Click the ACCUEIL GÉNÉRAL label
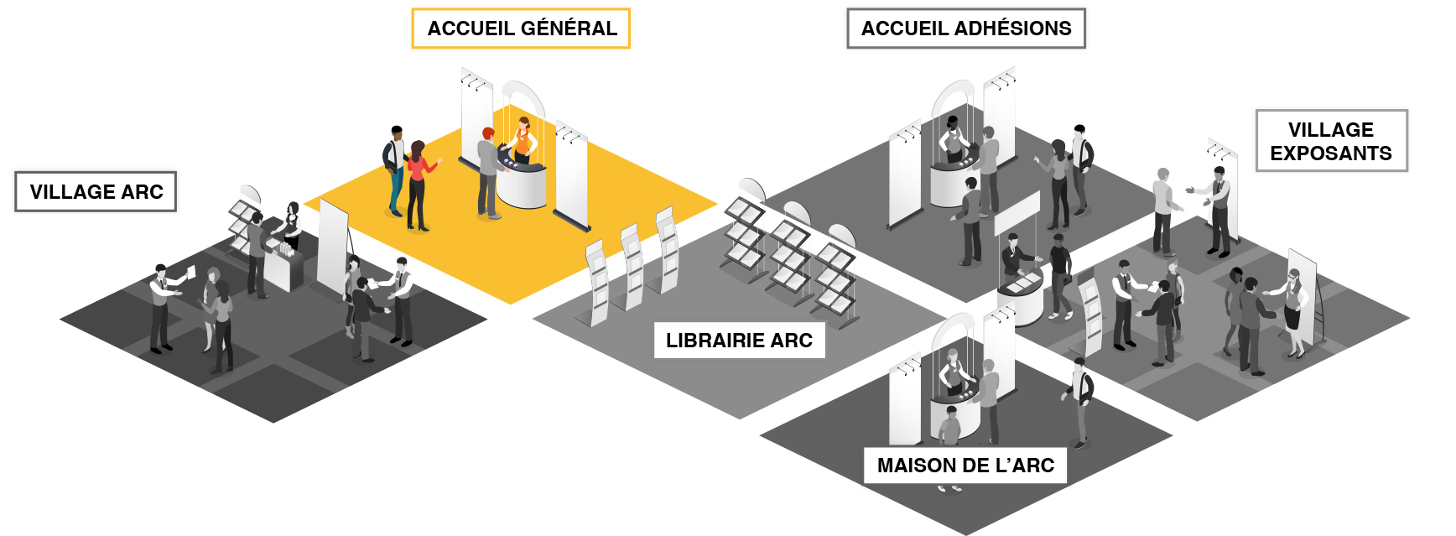coord(521,29)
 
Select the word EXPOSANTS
coord(1331,154)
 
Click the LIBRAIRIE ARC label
coord(739,341)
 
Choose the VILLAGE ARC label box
coord(96,192)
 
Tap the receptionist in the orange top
coord(523,140)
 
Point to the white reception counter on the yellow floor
coord(521,180)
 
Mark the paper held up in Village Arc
coord(190,272)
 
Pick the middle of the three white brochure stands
coord(632,267)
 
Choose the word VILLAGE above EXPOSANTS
coord(1331,130)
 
